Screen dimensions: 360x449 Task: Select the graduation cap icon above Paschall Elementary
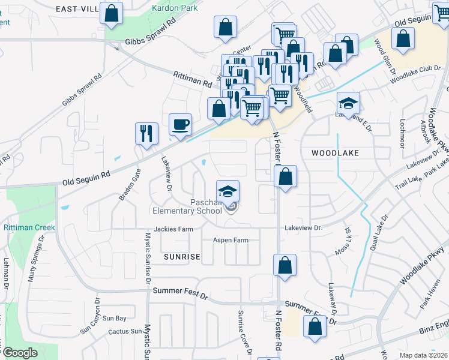pyautogui.click(x=228, y=191)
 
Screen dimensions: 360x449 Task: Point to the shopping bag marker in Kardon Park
pyautogui.click(x=111, y=13)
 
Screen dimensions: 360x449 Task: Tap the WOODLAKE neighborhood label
pyautogui.click(x=335, y=153)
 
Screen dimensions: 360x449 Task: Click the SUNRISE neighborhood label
pyautogui.click(x=181, y=256)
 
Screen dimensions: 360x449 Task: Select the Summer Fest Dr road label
pyautogui.click(x=180, y=290)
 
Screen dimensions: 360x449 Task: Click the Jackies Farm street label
pyautogui.click(x=173, y=229)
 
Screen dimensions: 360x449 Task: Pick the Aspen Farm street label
pyautogui.click(x=231, y=240)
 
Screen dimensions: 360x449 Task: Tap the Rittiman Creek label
pyautogui.click(x=29, y=227)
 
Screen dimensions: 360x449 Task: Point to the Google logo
pyautogui.click(x=20, y=353)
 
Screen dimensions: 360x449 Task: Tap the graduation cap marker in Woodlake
pyautogui.click(x=348, y=104)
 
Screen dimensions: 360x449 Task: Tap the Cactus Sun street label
pyautogui.click(x=125, y=331)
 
